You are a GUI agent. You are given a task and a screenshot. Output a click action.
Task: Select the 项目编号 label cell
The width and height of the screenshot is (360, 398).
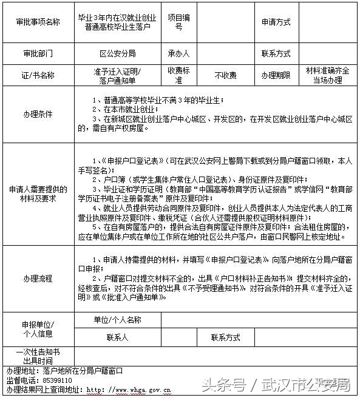tap(178, 22)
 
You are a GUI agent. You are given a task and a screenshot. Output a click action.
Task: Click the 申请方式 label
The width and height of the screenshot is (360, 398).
tap(276, 22)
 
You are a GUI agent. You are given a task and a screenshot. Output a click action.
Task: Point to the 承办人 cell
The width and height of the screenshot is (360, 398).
tap(178, 53)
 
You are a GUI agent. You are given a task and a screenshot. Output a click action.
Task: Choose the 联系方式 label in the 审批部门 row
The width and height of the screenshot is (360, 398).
tap(276, 53)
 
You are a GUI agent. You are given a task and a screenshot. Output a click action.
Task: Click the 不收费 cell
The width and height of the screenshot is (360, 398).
tap(225, 76)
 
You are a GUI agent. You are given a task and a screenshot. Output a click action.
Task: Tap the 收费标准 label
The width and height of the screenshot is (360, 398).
tap(178, 75)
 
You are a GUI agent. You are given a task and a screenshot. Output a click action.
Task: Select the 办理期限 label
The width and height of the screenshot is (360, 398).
tap(276, 76)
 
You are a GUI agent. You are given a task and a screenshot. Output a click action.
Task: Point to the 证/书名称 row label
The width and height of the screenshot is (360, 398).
tap(38, 76)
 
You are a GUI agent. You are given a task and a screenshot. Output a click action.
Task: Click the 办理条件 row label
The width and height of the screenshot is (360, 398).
tap(38, 114)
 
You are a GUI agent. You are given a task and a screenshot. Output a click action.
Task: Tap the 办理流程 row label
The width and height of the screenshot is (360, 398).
tap(38, 278)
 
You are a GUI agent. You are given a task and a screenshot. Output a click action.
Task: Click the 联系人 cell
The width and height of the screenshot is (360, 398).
tap(118, 337)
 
